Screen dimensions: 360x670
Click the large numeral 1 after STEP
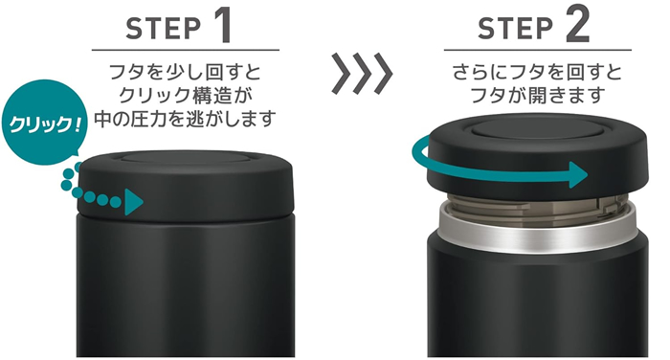pos(218,26)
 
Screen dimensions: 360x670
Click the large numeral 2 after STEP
pos(577,26)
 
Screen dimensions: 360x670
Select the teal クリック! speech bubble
pos(41,124)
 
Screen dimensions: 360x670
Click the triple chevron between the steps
pos(362,74)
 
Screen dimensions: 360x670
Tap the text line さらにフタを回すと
pos(536,73)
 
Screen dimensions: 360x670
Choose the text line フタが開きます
pos(536,96)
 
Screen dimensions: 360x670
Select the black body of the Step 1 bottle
pos(187,287)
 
